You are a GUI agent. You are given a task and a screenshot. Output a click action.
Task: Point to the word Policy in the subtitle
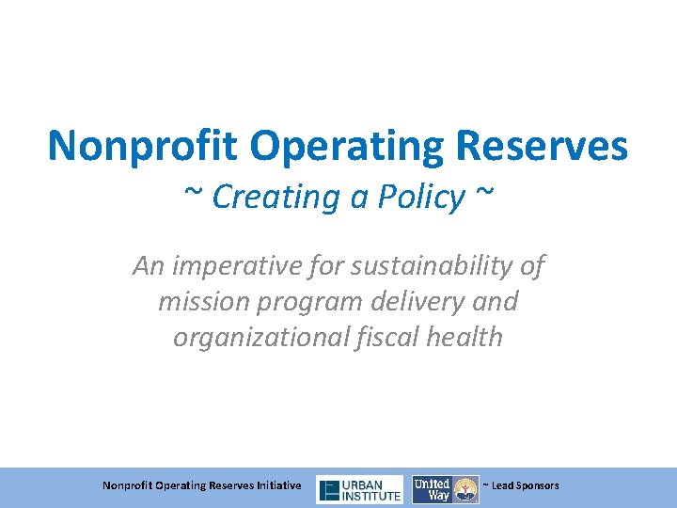[x=420, y=197]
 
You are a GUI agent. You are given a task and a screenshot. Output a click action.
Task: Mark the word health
[x=464, y=337]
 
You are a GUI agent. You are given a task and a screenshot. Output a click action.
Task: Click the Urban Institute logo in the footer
[x=359, y=489]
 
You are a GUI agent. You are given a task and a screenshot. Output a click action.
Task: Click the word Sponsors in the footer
[x=538, y=485]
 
